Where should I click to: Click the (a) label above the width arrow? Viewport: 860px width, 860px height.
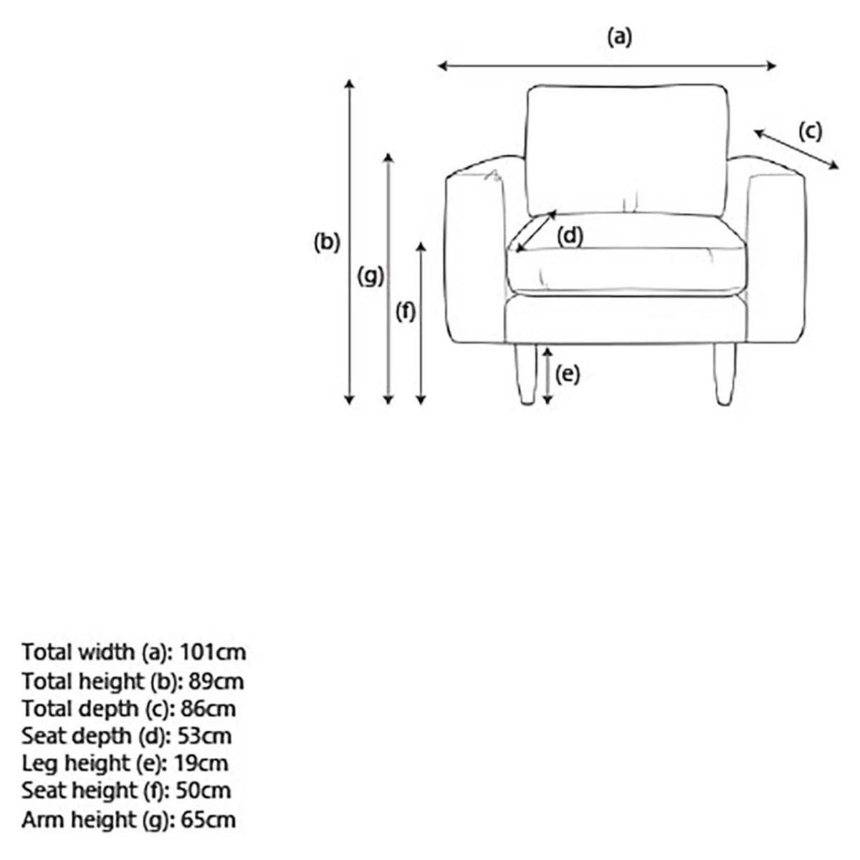(x=620, y=37)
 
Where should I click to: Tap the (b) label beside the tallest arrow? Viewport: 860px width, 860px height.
(x=327, y=242)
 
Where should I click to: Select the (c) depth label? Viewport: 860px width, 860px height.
(x=810, y=131)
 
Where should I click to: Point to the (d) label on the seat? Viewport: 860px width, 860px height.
(x=570, y=236)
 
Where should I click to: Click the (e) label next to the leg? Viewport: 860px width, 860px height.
(x=567, y=374)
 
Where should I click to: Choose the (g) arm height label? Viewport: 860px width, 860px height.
(x=371, y=276)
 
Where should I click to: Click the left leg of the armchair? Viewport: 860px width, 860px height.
(x=525, y=374)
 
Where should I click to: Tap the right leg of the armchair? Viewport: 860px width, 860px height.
(x=725, y=374)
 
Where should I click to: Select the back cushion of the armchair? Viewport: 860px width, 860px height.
(x=628, y=150)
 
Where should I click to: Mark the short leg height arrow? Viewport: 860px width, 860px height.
(x=548, y=376)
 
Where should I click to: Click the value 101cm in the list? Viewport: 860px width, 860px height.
(x=213, y=652)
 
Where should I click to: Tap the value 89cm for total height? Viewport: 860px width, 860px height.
(x=216, y=682)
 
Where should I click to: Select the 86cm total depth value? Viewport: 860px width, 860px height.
(x=208, y=709)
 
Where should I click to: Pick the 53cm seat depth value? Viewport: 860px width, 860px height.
(x=205, y=737)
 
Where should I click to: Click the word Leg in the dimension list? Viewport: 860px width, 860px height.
(x=40, y=764)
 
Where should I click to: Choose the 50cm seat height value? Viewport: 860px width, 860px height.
(x=204, y=791)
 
